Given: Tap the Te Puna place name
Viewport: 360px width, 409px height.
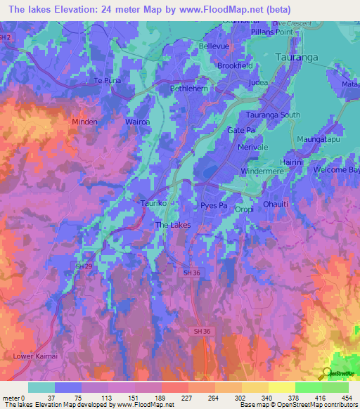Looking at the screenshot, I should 108,81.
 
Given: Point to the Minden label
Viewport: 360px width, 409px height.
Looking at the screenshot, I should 84,122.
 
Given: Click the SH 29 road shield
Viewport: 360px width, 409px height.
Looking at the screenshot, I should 83,266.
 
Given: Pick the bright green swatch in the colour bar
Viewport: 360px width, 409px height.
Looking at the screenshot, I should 308,387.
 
